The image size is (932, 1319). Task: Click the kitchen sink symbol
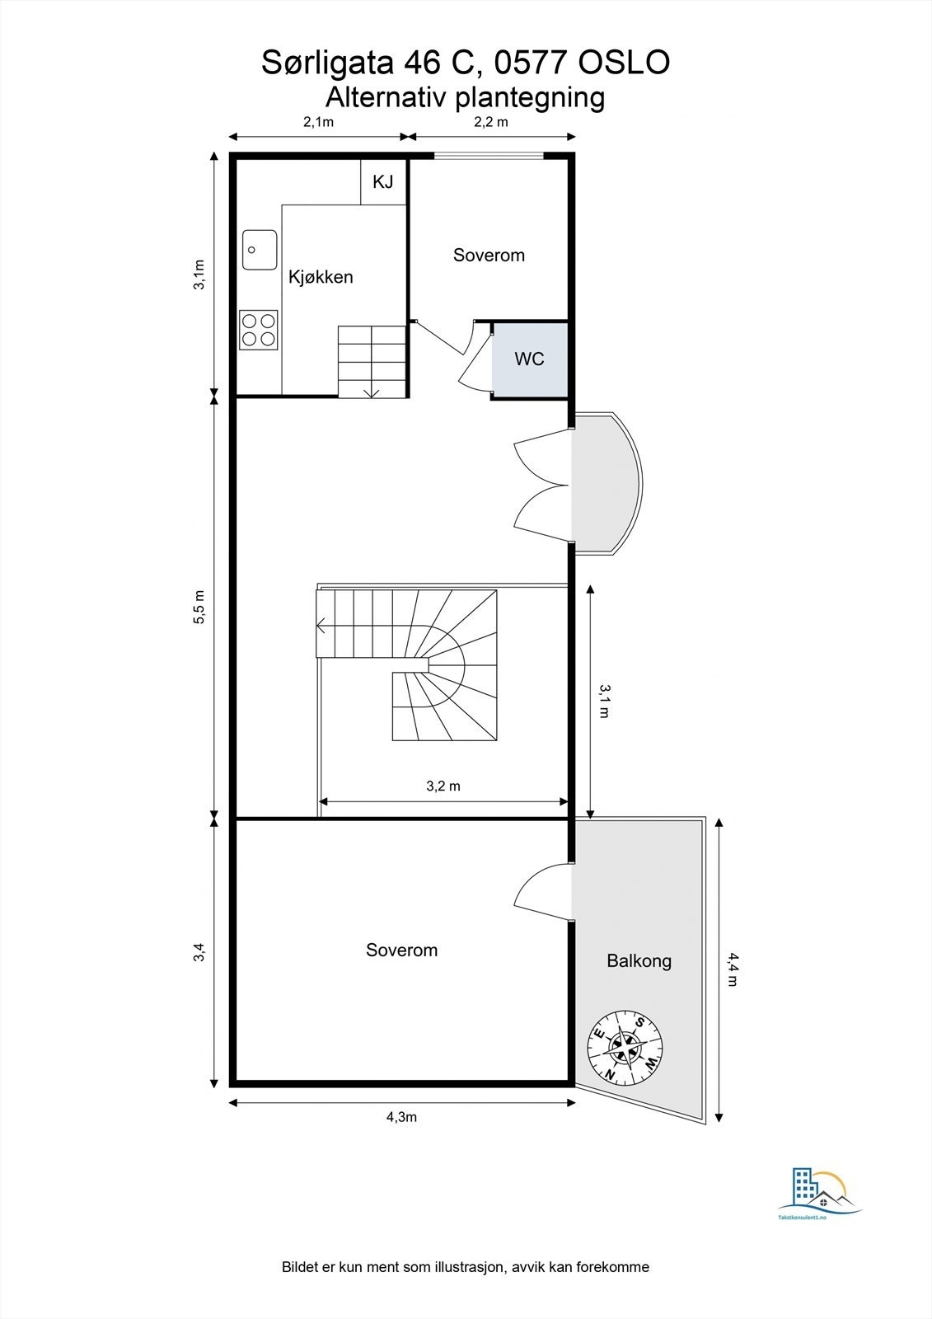tap(259, 250)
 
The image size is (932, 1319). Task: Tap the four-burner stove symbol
tap(258, 329)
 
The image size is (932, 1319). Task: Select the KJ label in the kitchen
tap(383, 181)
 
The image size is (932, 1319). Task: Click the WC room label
tap(529, 359)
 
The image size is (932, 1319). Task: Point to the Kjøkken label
tap(321, 277)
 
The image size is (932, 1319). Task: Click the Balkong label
tap(639, 960)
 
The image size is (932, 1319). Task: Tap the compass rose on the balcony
tap(625, 1046)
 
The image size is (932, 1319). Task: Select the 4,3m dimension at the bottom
tap(401, 1117)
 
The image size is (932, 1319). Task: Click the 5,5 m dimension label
tap(199, 608)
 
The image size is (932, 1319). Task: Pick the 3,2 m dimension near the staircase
tap(443, 786)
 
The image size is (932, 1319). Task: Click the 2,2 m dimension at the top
tap(491, 122)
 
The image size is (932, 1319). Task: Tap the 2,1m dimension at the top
tap(318, 122)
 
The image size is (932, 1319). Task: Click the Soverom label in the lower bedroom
tap(401, 950)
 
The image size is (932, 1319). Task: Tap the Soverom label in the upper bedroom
tap(489, 255)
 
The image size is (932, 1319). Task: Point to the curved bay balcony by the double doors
tap(607, 482)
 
